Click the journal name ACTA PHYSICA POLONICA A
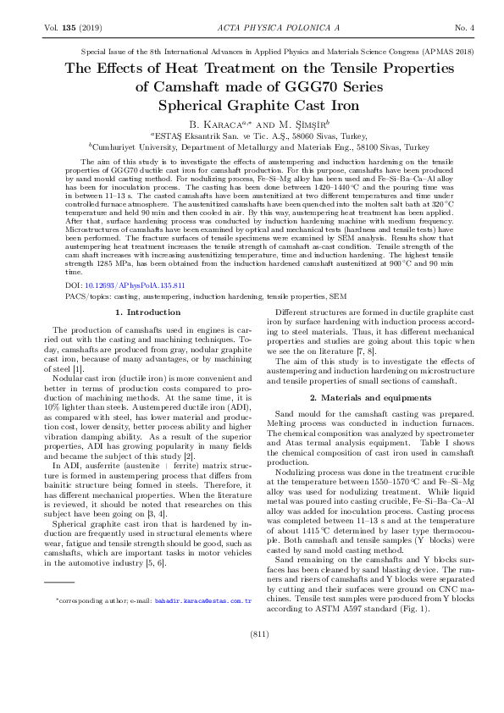tap(252, 29)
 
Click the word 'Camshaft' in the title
tap(196, 86)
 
